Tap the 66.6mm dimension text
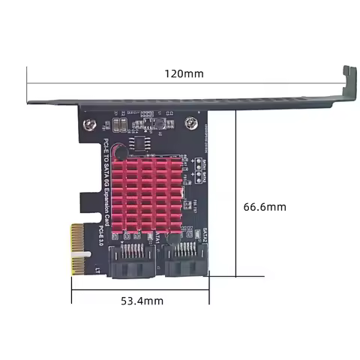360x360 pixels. click(266, 206)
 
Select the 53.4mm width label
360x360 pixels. click(142, 301)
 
